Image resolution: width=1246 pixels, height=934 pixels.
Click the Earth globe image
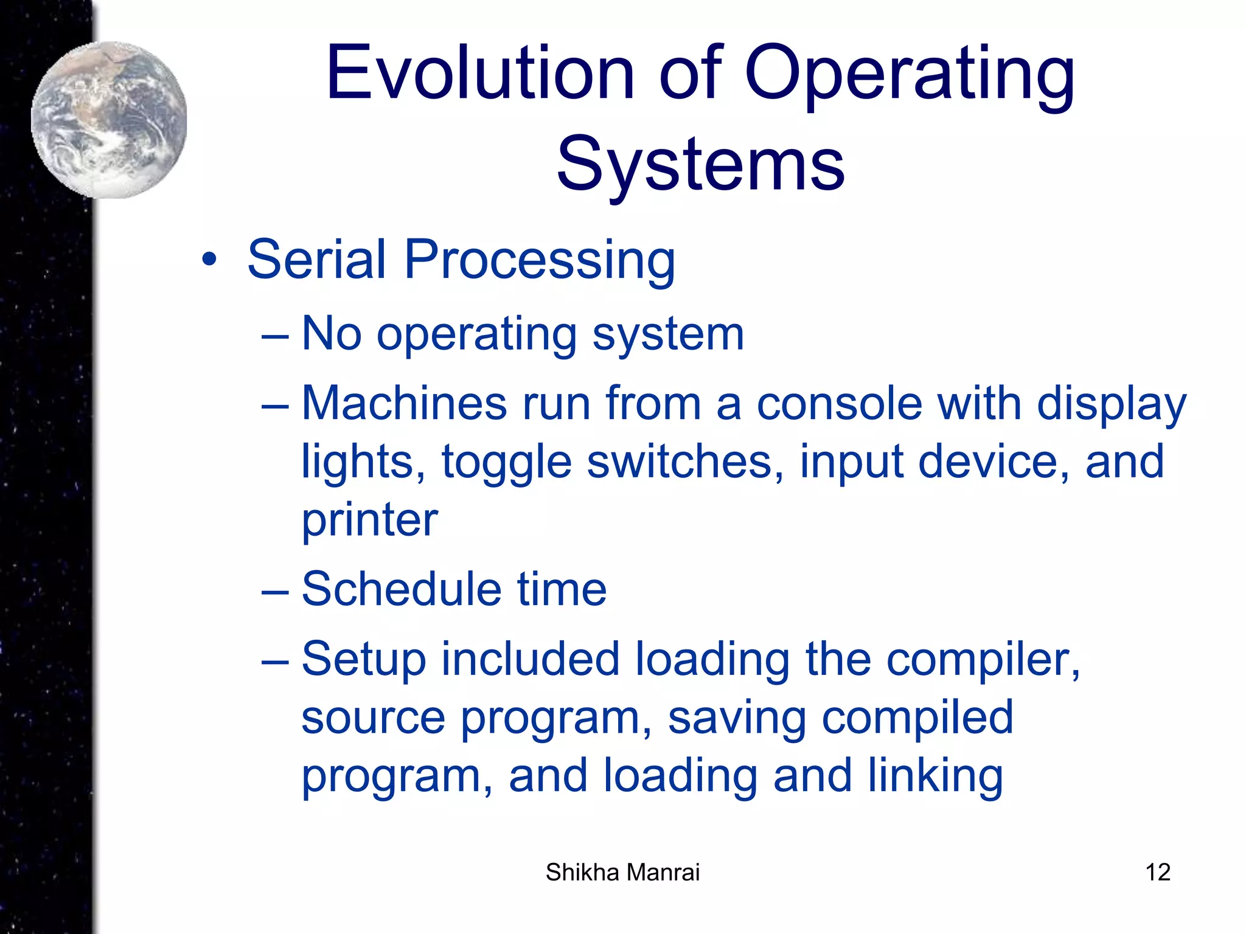pyautogui.click(x=110, y=120)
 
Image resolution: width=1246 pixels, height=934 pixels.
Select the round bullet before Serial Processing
pyautogui.click(x=209, y=260)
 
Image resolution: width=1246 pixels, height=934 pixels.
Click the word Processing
pyautogui.click(x=539, y=260)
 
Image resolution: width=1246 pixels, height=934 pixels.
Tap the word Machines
pyautogui.click(x=404, y=404)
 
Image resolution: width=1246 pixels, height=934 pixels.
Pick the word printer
pyautogui.click(x=369, y=521)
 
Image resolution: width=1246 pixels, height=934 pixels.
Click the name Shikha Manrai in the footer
pyautogui.click(x=622, y=872)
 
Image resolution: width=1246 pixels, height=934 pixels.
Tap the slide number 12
pyautogui.click(x=1157, y=872)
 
